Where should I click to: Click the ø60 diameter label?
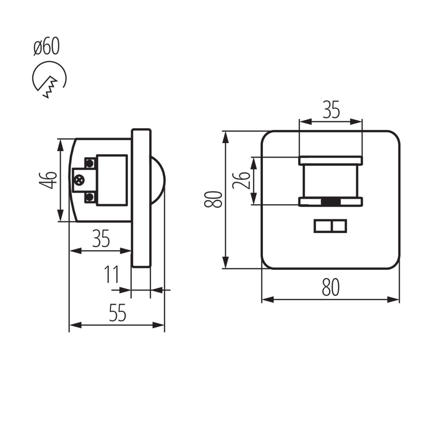tap(46, 47)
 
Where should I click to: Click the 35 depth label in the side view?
tap(101, 239)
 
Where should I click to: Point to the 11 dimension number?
tap(112, 274)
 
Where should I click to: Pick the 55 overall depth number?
tap(118, 313)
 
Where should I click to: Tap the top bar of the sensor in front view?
tap(331, 160)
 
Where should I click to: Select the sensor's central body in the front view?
tap(331, 181)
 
